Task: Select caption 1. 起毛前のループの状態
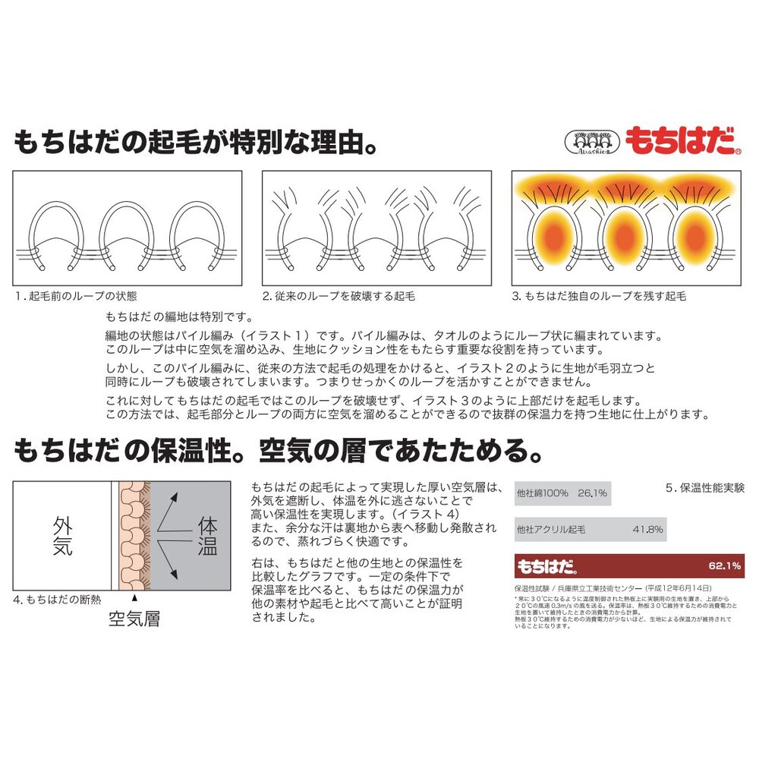(x=76, y=296)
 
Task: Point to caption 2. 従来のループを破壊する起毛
(x=339, y=296)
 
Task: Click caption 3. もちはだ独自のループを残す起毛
(x=599, y=296)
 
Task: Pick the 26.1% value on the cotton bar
(x=592, y=493)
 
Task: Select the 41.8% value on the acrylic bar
(x=648, y=529)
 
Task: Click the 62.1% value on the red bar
(x=724, y=566)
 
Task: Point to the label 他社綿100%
(x=542, y=493)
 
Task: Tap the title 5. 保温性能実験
(x=705, y=488)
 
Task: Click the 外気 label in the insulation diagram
(x=63, y=536)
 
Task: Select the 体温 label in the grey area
(x=207, y=536)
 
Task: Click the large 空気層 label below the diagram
(x=134, y=619)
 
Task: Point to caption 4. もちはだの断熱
(x=57, y=600)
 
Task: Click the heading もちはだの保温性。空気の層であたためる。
(x=278, y=452)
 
